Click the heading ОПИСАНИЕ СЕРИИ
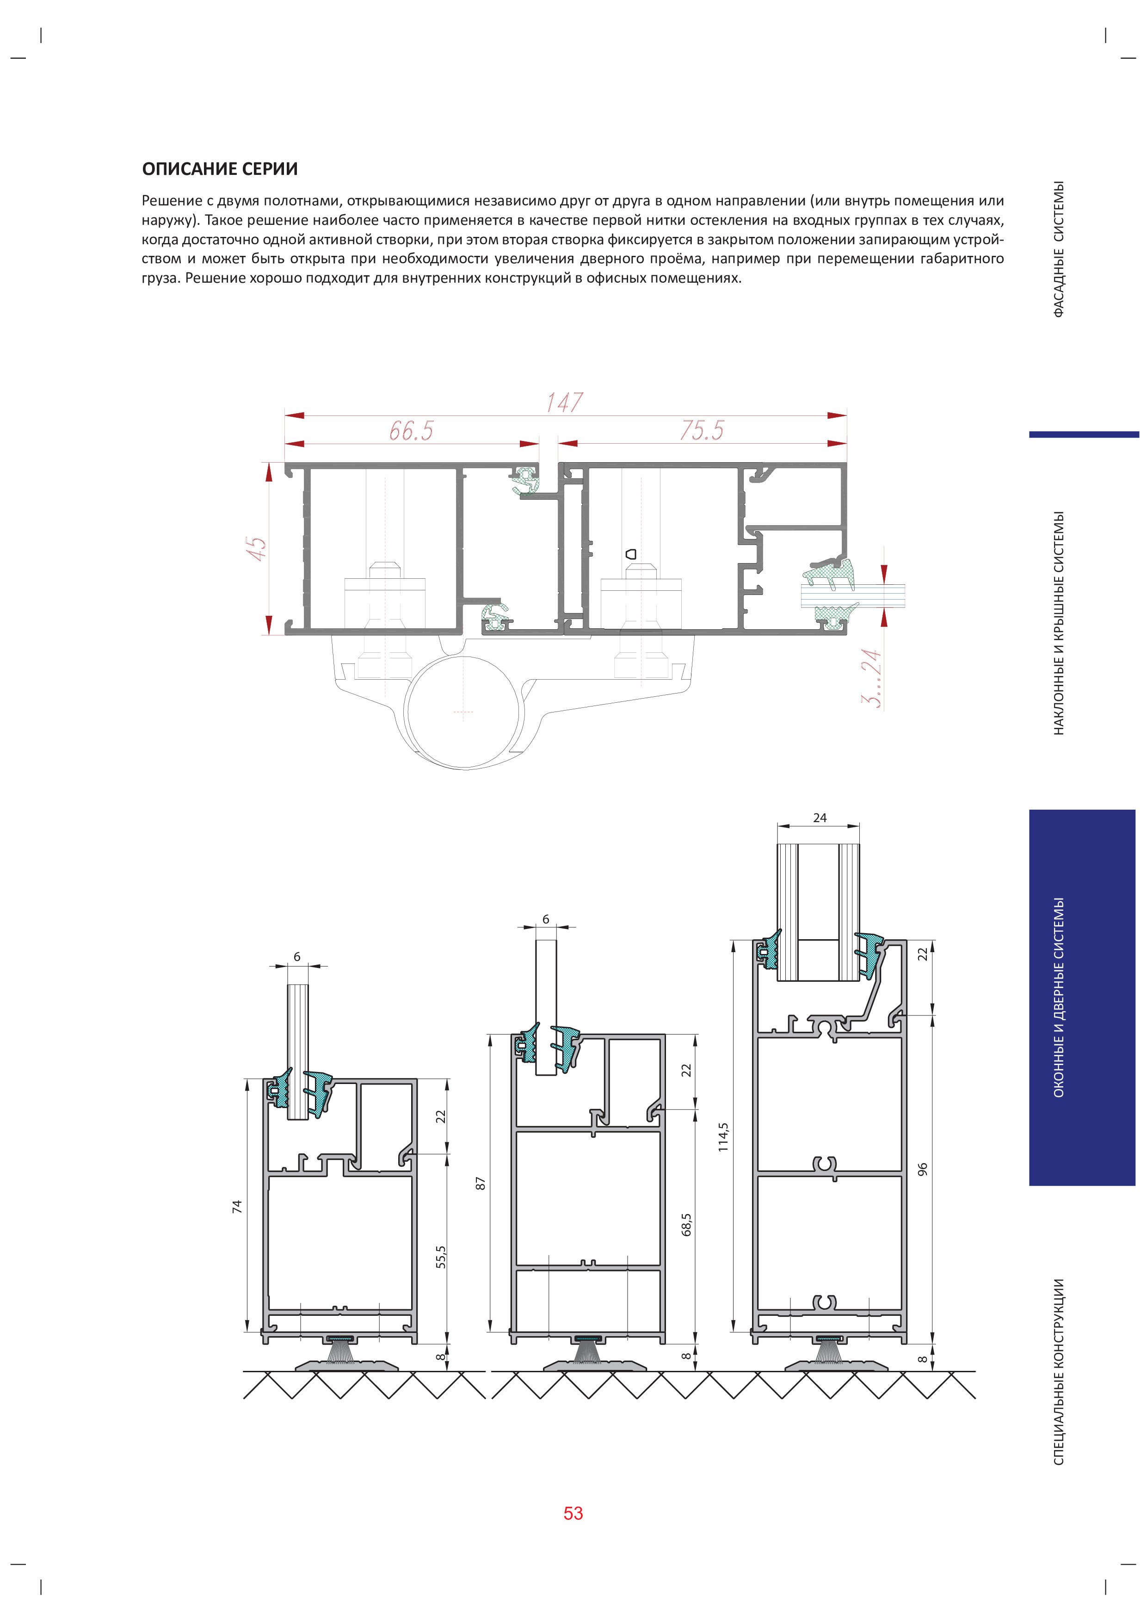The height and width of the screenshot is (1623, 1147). click(220, 169)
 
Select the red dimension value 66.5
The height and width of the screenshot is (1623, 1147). click(411, 430)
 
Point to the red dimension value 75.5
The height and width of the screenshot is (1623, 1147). click(702, 430)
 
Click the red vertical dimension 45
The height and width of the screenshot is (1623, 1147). click(257, 549)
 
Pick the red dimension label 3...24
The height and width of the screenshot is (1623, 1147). click(871, 679)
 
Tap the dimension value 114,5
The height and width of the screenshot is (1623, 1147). click(723, 1137)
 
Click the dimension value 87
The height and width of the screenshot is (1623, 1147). click(481, 1183)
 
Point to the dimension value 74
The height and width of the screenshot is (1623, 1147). click(237, 1207)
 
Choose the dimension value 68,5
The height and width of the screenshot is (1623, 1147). click(687, 1224)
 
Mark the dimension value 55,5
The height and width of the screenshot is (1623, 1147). click(441, 1257)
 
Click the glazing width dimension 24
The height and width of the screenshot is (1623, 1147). click(820, 818)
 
